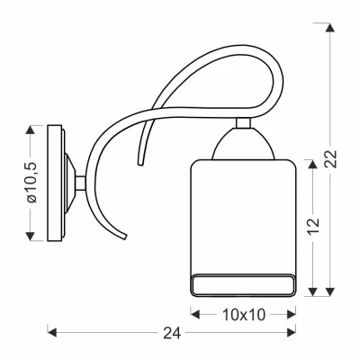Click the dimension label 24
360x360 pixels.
point(172,332)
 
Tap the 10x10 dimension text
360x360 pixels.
point(244,315)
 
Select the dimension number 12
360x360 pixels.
point(314,226)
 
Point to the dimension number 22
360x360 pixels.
point(331,158)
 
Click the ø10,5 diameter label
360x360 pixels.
point(31,182)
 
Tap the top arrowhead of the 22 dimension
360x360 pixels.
point(330,28)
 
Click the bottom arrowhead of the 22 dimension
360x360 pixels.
point(330,292)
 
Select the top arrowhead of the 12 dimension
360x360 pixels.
point(313,164)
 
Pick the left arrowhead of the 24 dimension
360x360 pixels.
point(52,332)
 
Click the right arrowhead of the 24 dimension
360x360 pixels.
point(292,332)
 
